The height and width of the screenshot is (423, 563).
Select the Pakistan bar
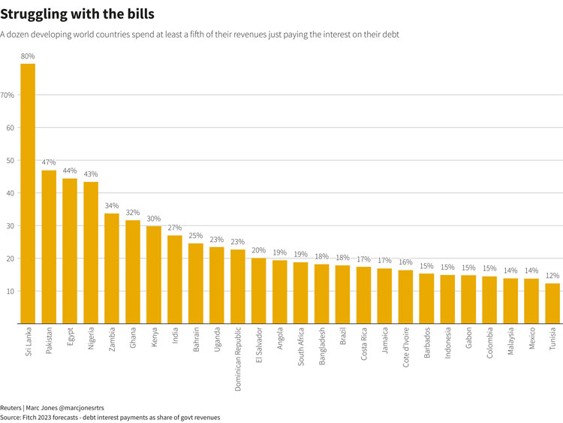coord(49,247)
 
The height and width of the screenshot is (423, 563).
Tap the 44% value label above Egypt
coord(70,171)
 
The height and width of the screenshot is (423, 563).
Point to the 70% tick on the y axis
coord(8,95)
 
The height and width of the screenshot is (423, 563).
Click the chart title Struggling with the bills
coord(77,14)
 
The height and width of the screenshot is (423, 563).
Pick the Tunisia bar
coord(552,304)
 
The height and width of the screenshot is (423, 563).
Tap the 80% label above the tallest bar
coord(28,56)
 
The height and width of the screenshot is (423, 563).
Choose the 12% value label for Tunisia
coord(552,276)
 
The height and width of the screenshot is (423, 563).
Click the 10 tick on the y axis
coord(10,292)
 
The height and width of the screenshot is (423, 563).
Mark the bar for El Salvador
coord(259,292)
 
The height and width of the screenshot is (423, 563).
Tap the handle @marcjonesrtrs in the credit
coord(80,407)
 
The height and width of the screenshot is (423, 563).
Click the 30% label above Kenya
coord(154,219)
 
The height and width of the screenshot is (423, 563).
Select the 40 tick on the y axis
coord(10,193)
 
